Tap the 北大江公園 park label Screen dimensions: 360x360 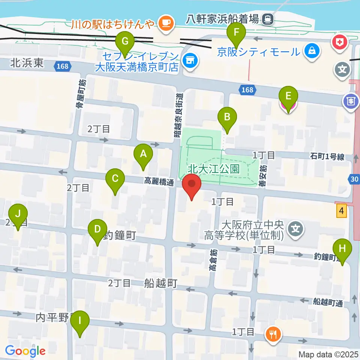(x=214, y=169)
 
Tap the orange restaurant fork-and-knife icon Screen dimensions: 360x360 (x=273, y=333)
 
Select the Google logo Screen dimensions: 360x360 (x=25, y=351)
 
